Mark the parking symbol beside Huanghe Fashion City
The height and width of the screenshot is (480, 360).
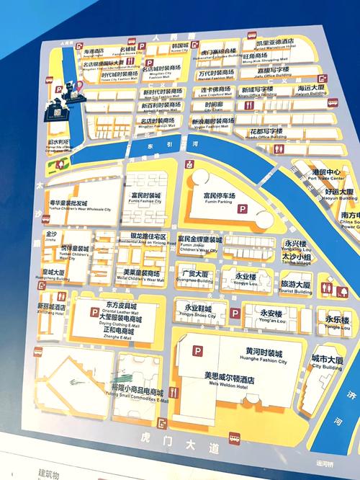point(196,351)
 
